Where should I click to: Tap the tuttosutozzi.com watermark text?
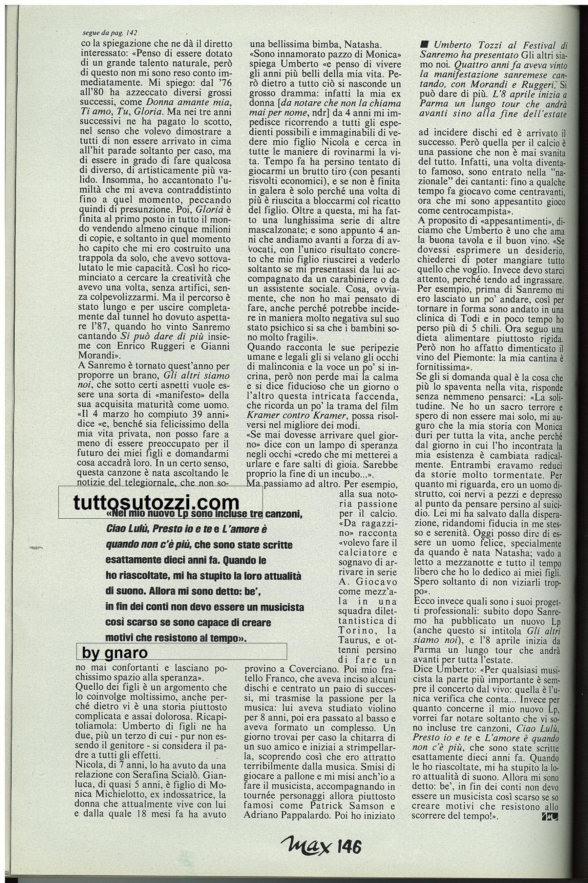pyautogui.click(x=157, y=502)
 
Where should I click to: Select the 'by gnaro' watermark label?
pyautogui.click(x=115, y=653)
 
